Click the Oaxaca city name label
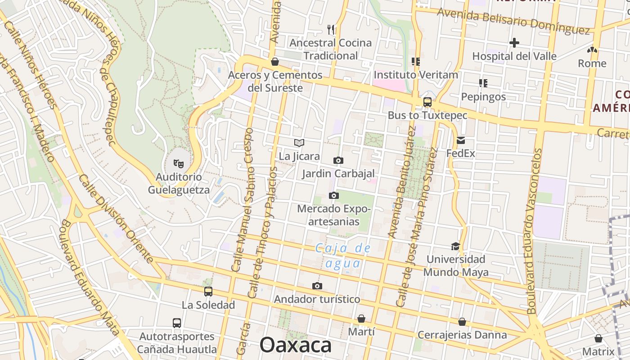click(296, 345)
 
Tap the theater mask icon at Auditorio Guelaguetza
click(179, 163)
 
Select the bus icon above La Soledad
click(208, 291)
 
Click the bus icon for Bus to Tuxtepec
click(427, 102)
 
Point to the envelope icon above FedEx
click(461, 140)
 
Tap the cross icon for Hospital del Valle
click(514, 43)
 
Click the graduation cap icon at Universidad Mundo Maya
click(456, 246)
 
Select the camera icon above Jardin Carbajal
click(338, 160)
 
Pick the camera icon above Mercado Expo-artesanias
click(333, 195)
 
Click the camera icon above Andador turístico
click(317, 286)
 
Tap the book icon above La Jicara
click(299, 143)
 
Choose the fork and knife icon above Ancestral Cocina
click(331, 30)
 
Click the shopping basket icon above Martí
click(361, 319)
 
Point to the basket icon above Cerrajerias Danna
click(462, 322)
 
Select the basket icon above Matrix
click(598, 338)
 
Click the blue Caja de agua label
click(343, 255)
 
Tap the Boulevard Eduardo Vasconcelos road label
click(534, 232)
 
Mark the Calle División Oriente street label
click(116, 219)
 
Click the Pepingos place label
click(483, 97)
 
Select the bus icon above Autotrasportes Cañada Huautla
click(177, 323)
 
